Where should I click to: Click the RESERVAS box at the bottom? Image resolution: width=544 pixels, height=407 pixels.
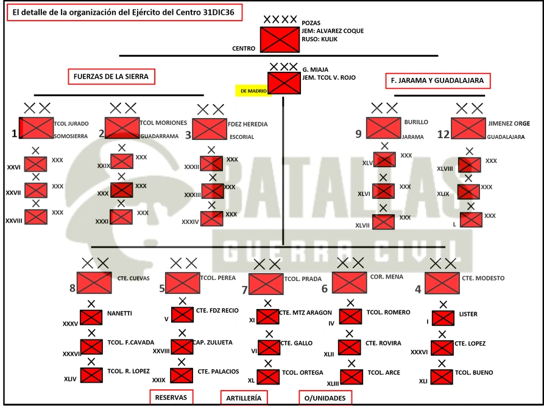click(171, 397)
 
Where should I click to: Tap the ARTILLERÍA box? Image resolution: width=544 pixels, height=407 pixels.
click(244, 398)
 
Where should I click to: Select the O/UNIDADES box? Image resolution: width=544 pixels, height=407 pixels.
click(325, 398)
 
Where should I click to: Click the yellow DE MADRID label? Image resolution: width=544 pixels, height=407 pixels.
click(253, 91)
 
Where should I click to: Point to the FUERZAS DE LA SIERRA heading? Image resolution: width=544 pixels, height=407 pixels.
click(111, 77)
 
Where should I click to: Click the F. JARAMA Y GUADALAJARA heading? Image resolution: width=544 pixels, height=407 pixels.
click(437, 81)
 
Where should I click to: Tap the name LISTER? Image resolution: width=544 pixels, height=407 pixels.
click(468, 314)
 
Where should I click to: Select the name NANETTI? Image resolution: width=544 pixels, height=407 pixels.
click(119, 313)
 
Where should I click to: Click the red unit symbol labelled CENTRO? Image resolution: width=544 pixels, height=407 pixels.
click(280, 40)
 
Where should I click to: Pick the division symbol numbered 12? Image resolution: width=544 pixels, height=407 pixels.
click(468, 128)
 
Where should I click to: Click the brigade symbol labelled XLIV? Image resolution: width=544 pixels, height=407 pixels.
click(91, 375)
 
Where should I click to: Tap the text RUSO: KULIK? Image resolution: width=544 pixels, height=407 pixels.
click(319, 39)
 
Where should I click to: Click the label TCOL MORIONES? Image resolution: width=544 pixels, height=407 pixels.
click(163, 123)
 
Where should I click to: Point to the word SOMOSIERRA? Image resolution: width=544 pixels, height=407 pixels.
click(71, 136)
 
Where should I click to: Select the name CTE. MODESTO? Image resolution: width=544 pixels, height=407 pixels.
click(483, 278)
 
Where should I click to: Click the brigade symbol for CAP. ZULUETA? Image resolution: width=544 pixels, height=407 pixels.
click(182, 347)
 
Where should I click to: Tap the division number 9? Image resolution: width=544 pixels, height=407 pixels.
click(358, 134)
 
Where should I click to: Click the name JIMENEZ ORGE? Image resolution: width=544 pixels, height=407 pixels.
click(509, 123)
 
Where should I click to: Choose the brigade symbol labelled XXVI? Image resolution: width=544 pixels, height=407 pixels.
click(36, 164)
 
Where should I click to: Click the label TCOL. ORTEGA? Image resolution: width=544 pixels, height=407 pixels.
click(303, 373)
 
